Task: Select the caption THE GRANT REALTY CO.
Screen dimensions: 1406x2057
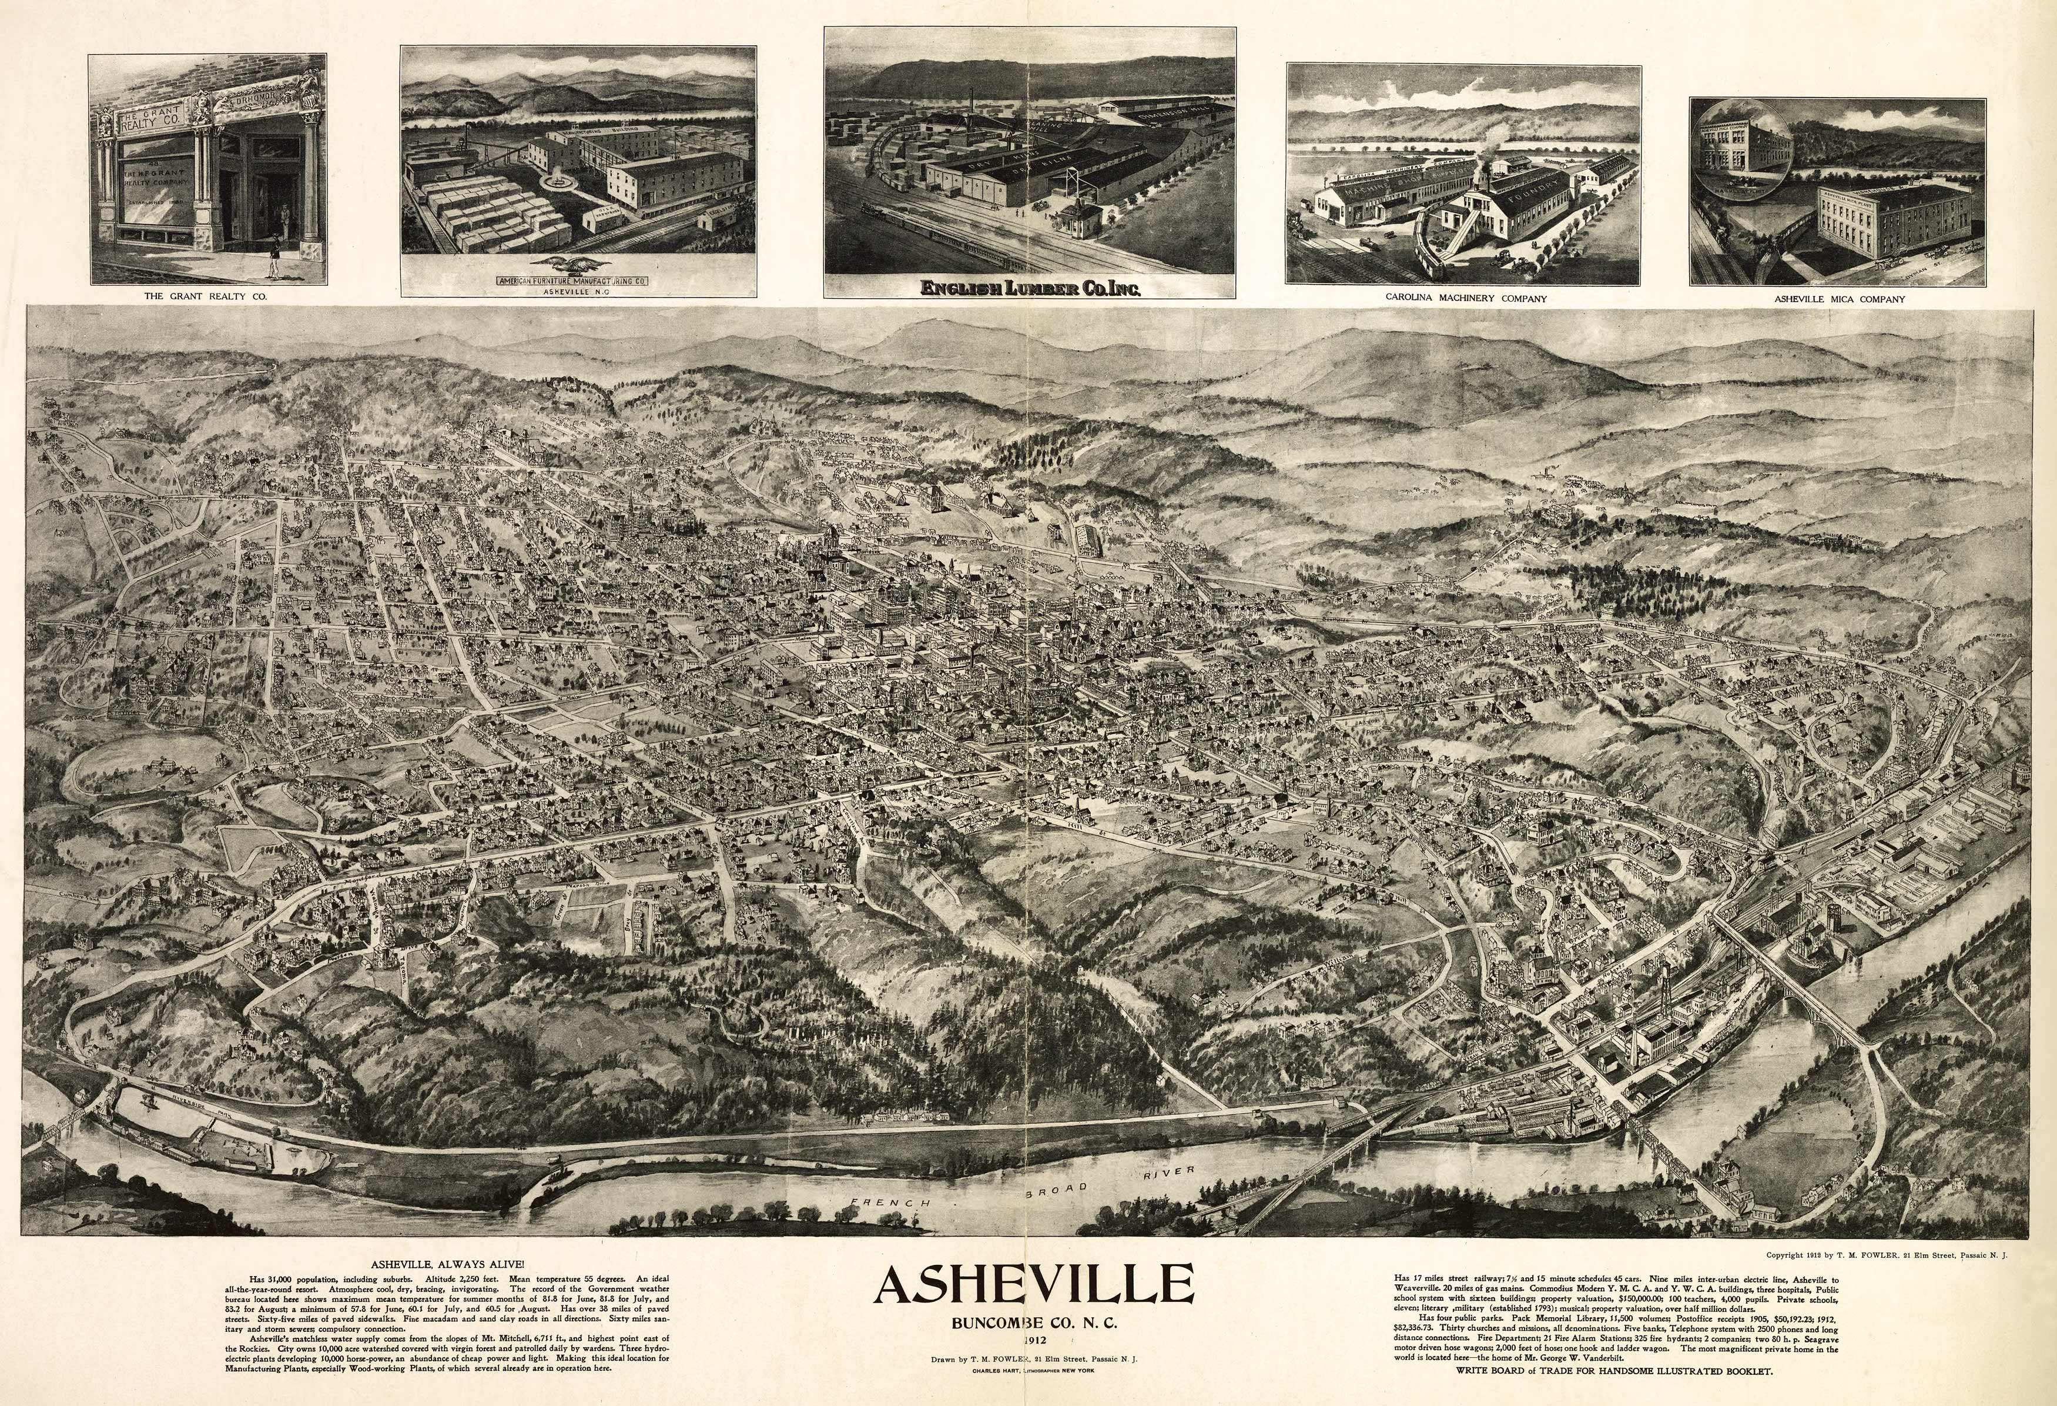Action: pos(205,298)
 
